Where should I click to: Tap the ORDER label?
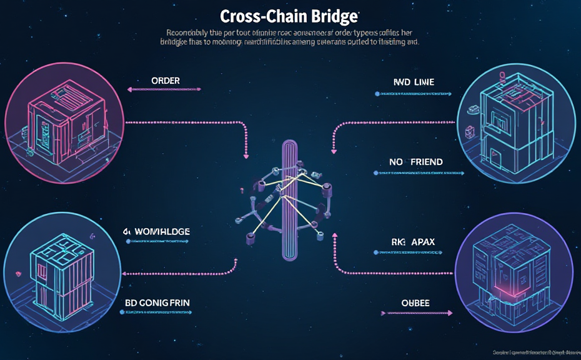tap(166, 81)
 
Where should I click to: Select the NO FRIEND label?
tap(415, 162)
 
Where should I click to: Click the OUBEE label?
tap(415, 303)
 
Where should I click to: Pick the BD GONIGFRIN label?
tap(157, 302)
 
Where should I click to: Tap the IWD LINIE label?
tap(414, 82)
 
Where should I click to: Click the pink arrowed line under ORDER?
tap(165, 89)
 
